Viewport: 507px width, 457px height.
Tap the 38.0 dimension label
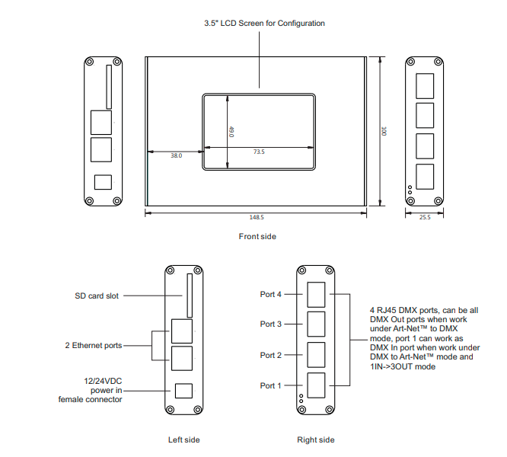point(176,155)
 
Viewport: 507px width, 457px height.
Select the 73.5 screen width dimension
point(259,152)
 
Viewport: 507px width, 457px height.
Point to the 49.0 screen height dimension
point(231,131)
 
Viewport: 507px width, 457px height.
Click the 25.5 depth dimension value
point(425,217)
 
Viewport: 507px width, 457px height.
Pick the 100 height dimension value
point(385,131)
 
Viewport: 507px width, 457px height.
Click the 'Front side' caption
point(257,237)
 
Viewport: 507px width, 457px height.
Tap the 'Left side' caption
point(184,439)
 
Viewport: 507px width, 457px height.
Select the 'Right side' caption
point(315,439)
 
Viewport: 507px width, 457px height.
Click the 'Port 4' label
point(271,294)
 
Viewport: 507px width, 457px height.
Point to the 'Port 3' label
point(271,324)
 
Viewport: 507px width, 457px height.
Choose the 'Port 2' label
point(271,355)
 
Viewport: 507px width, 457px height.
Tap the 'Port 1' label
point(271,385)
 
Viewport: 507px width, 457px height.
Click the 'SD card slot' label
point(97,296)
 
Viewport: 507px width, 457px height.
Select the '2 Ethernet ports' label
point(93,345)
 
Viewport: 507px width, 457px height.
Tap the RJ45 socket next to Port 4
point(316,293)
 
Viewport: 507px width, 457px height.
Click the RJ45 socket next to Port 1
point(316,383)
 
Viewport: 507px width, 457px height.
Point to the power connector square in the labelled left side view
point(183,390)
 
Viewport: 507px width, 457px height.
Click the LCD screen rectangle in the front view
point(259,131)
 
